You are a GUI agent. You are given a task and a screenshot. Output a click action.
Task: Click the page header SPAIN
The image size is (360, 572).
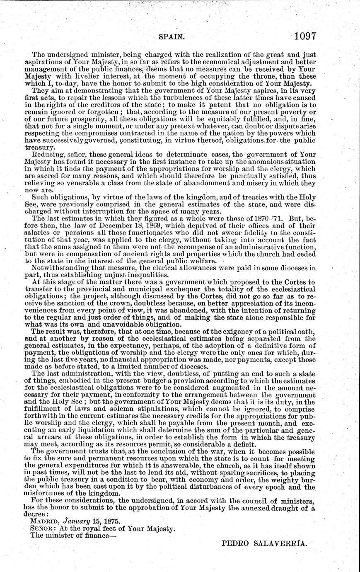pos(171,37)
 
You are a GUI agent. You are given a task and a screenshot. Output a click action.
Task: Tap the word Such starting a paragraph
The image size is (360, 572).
pos(40,200)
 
